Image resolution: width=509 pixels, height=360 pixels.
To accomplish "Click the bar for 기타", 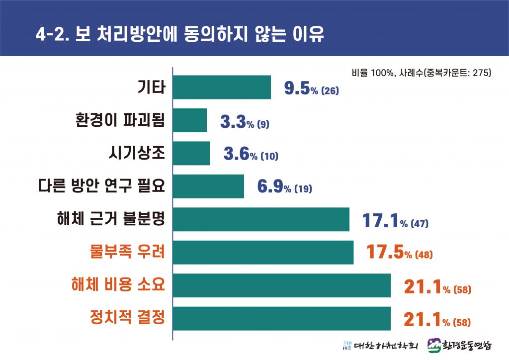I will click(222, 88).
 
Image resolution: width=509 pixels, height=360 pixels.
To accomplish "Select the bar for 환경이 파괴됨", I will click(189, 120).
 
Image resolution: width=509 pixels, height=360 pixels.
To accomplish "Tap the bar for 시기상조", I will click(191, 153).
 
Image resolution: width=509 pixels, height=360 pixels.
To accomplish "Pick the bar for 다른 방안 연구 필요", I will click(208, 186).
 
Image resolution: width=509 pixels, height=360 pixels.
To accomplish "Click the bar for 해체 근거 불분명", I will click(261, 219).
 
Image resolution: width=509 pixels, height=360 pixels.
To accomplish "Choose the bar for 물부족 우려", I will click(263, 253).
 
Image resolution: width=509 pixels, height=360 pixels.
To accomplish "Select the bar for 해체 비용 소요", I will click(281, 285).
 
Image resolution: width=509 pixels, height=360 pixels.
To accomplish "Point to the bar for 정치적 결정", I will click(281, 319).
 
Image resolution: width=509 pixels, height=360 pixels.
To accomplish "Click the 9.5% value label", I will click(311, 90).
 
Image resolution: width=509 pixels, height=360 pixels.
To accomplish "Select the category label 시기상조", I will click(136, 153).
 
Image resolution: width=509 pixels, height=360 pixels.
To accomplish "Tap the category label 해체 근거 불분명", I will click(111, 219).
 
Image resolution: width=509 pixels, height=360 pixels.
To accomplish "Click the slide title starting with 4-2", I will click(180, 34).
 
